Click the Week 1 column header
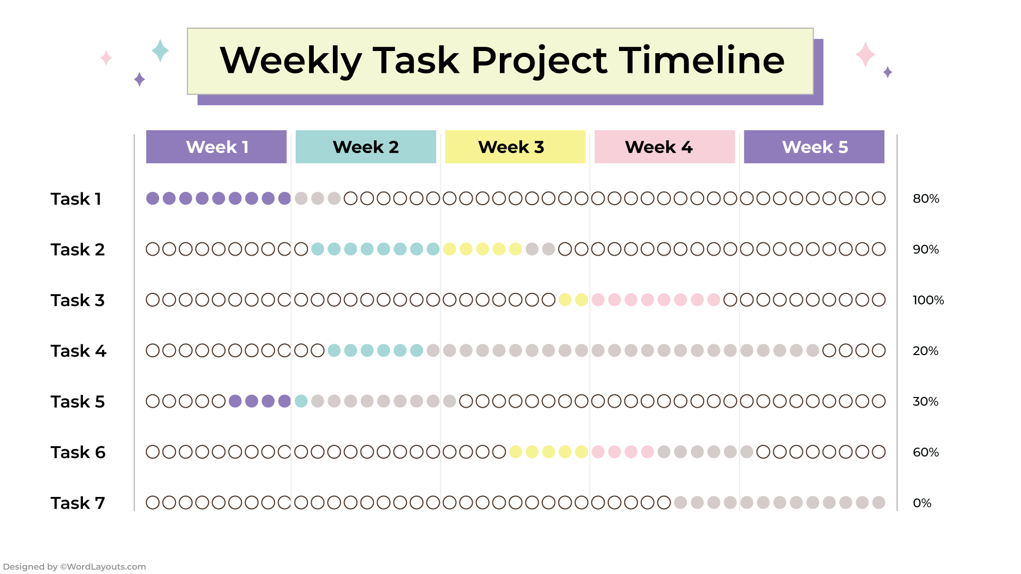tap(216, 147)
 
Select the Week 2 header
tap(366, 147)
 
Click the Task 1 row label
tap(76, 199)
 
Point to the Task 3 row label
tap(78, 300)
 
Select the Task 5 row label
tap(78, 402)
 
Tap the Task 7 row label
tap(78, 503)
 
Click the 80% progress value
tap(926, 199)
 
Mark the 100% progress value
tap(928, 300)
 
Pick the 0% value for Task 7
tap(922, 503)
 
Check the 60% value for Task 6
tap(926, 452)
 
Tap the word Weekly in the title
tap(291, 61)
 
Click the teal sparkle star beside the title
tap(160, 50)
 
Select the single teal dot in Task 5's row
tap(301, 401)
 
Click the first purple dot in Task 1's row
tap(153, 198)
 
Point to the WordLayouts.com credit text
tap(74, 567)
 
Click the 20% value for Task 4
tap(925, 351)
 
